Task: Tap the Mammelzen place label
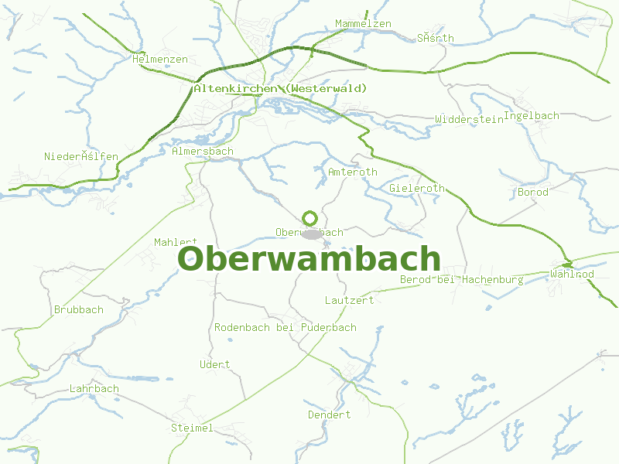[363, 24]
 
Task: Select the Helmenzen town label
[160, 59]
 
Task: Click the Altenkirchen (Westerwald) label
[281, 89]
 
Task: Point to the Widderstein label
[469, 119]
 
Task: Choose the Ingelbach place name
[531, 116]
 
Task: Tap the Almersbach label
[202, 152]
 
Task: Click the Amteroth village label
[353, 172]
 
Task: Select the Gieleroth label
[417, 188]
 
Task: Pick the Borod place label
[532, 192]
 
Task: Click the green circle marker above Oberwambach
[310, 218]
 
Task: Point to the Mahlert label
[176, 242]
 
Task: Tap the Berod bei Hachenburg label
[461, 279]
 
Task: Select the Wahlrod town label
[572, 275]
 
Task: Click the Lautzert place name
[349, 300]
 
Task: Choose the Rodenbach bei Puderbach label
[285, 327]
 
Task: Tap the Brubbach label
[78, 309]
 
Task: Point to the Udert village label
[214, 364]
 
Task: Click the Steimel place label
[192, 428]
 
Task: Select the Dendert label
[329, 415]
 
